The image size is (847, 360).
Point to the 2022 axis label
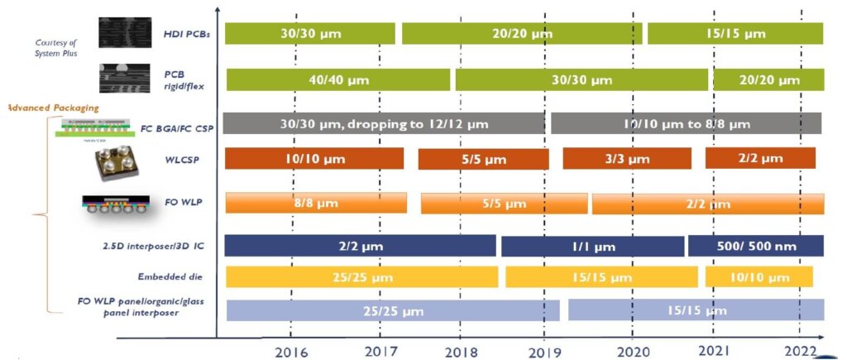coord(800,350)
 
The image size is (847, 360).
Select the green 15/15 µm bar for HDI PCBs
coord(735,34)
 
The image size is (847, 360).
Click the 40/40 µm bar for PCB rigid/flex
coord(337,80)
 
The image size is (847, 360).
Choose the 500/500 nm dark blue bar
coord(755,246)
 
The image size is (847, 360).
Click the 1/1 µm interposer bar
coord(592,247)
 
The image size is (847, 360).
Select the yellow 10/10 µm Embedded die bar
coord(758,276)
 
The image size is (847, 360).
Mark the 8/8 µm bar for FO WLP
coord(315,203)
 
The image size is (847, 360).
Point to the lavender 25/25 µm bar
coord(393,310)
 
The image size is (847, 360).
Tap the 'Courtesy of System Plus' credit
coord(56,48)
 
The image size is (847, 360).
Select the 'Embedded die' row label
coord(171,276)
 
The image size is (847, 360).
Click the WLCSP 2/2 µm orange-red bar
coord(759,158)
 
